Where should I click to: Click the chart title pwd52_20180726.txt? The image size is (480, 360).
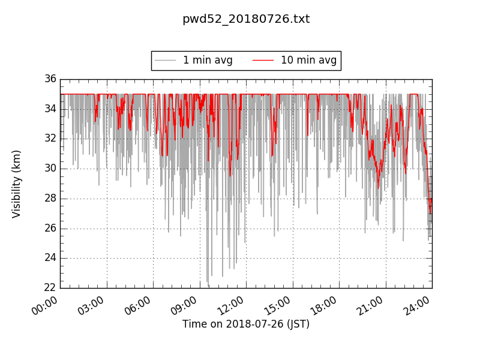(x=246, y=19)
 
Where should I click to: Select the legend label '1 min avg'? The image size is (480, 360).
(x=208, y=60)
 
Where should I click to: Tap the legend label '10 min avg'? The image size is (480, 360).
(x=308, y=60)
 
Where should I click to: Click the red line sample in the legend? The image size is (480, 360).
(x=263, y=61)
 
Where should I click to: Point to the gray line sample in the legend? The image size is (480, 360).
(x=165, y=61)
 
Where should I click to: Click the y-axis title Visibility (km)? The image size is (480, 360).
(x=17, y=184)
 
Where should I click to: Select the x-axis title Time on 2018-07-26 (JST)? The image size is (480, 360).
(x=246, y=324)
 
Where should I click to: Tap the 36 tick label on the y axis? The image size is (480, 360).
(x=50, y=79)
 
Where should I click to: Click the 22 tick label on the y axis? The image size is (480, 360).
(x=50, y=288)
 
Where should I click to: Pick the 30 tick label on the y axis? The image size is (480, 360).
(x=50, y=169)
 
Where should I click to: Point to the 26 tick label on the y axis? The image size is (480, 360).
(x=50, y=228)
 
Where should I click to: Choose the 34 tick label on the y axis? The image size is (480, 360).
(x=50, y=109)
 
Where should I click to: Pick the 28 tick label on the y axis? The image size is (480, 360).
(x=50, y=198)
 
